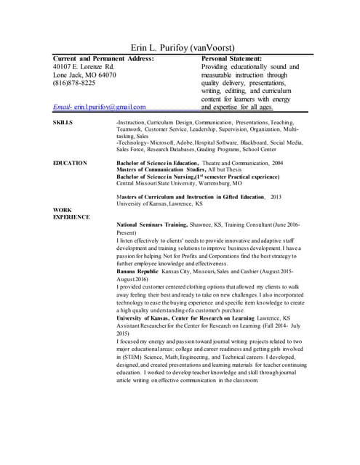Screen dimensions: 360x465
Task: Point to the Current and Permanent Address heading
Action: [x=104, y=58]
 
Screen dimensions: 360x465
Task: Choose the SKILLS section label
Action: [x=63, y=124]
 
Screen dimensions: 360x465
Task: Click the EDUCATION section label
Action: [x=71, y=163]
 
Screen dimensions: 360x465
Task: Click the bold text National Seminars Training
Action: [x=152, y=225]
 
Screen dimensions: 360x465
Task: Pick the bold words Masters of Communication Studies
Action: [x=161, y=169]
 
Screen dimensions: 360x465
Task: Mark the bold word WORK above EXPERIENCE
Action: [x=63, y=210]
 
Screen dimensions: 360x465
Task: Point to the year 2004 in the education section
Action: [x=279, y=163]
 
